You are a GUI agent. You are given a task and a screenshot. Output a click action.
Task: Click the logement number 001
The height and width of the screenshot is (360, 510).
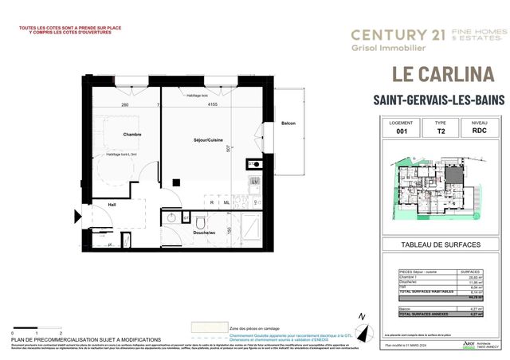(401, 134)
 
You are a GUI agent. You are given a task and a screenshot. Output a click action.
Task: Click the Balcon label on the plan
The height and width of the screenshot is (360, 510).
(289, 123)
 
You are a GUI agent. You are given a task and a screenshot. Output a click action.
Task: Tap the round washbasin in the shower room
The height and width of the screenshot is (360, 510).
(171, 217)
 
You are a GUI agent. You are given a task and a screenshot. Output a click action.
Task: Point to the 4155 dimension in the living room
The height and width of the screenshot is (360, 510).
(214, 104)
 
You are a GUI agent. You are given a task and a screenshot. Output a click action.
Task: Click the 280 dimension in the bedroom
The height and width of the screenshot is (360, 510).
(125, 104)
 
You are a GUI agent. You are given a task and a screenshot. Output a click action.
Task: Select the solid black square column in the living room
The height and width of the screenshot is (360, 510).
(249, 164)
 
